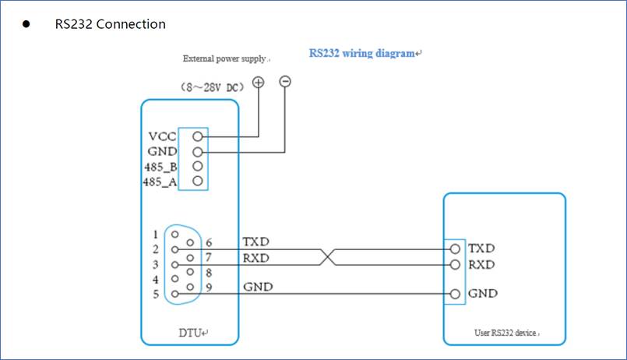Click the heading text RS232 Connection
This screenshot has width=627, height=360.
coord(110,24)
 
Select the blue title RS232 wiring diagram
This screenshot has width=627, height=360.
coord(362,54)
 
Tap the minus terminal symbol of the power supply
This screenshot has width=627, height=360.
coord(285,81)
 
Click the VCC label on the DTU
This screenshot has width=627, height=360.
coord(162,136)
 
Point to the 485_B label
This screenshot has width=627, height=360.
coord(161,167)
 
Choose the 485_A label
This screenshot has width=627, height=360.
coord(161,182)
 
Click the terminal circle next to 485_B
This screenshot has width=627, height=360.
coord(198,166)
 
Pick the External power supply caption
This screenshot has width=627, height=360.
coord(225,58)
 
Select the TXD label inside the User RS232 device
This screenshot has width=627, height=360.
coord(481,249)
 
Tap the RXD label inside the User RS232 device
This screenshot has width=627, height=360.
coord(481,264)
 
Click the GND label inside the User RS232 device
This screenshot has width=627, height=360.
coord(483,294)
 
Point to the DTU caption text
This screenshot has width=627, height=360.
coord(192,333)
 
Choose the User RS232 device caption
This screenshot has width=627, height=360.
coord(505,333)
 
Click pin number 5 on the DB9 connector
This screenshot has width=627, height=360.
coord(156,294)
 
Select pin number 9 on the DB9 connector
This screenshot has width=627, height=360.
coord(209,287)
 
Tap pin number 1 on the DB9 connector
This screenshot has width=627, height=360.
coord(156,234)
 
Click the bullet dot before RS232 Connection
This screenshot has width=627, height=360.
coord(26,24)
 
